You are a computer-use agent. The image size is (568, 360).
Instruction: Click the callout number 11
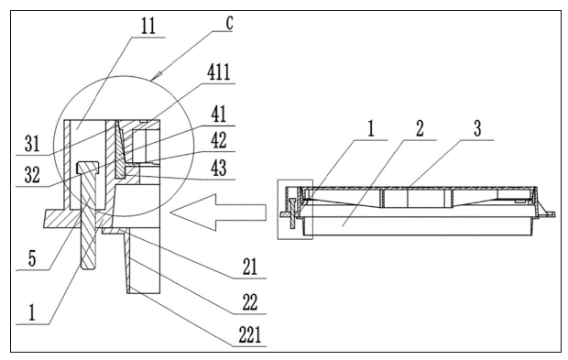coord(147,26)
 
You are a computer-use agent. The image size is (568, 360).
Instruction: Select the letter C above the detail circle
coord(229,23)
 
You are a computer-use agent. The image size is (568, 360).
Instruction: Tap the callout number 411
coord(219,71)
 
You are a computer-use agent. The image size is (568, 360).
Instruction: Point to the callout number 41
coord(218,115)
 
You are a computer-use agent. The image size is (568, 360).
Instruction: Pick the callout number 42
coord(218,140)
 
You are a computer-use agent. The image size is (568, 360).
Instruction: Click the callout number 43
coord(218,168)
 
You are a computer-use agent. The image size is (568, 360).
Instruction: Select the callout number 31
coord(32,144)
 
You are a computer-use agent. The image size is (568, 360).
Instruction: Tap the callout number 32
coord(32,175)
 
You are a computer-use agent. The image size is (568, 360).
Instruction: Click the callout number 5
coord(32,258)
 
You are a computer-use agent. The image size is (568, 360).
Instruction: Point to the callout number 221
coord(250,334)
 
